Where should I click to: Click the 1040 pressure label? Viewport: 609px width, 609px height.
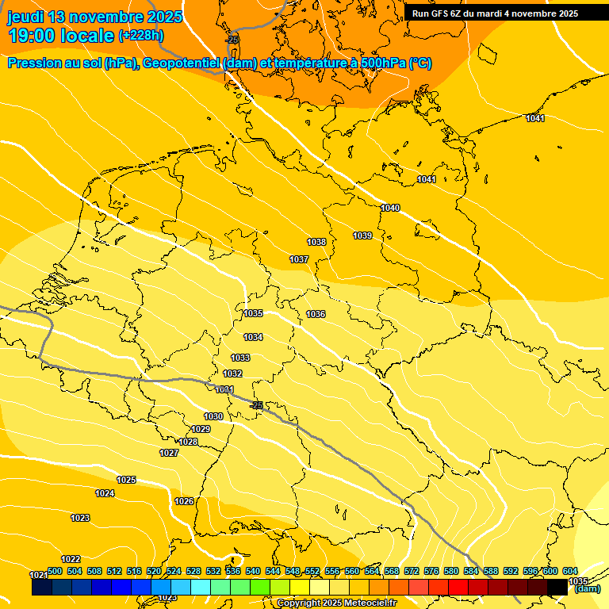(390, 208)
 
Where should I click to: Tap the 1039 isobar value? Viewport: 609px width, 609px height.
(362, 236)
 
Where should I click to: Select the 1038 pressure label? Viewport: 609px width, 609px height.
(316, 242)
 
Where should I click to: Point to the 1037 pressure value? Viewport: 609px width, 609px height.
(299, 259)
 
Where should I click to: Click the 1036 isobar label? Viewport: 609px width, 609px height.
(316, 314)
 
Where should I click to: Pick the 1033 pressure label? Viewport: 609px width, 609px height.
(240, 358)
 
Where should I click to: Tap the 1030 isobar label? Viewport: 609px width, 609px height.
(213, 416)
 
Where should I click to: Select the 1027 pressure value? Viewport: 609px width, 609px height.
(169, 453)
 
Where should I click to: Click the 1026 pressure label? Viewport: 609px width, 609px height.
(184, 501)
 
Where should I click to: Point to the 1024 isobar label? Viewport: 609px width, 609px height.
(105, 493)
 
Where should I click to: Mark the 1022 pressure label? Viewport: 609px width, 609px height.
(71, 559)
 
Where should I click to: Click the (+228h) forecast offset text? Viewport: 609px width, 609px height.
(141, 35)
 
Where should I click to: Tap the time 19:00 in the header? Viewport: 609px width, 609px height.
(33, 36)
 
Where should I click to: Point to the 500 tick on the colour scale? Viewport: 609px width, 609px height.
(55, 571)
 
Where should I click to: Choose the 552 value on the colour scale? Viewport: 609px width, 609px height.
(312, 571)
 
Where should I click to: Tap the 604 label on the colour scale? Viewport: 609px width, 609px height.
(569, 571)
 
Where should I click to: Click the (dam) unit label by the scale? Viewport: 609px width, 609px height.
(588, 588)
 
